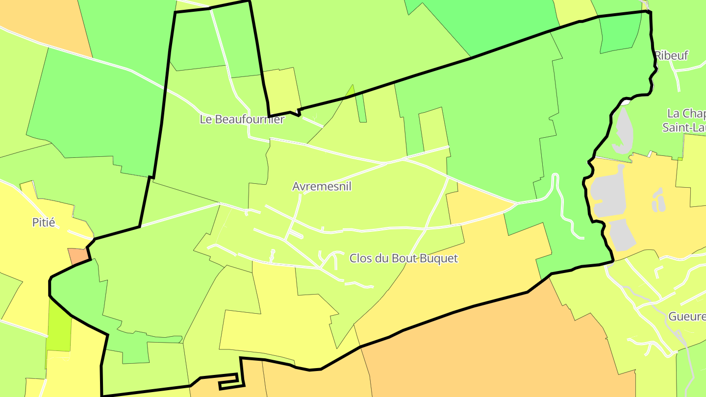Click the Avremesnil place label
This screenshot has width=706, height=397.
pyautogui.click(x=322, y=187)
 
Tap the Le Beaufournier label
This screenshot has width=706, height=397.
pyautogui.click(x=242, y=119)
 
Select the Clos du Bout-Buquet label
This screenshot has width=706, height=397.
pyautogui.click(x=403, y=258)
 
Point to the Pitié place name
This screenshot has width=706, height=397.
pyautogui.click(x=44, y=223)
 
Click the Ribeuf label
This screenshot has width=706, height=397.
pyautogui.click(x=672, y=55)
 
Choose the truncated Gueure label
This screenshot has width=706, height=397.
pyautogui.click(x=687, y=317)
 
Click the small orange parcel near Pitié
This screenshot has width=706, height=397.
pyautogui.click(x=77, y=256)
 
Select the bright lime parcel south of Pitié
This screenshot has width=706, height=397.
pyautogui.click(x=59, y=326)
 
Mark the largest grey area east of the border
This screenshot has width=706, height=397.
pyautogui.click(x=608, y=194)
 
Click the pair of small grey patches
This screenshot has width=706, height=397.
pyautogui.click(x=658, y=199)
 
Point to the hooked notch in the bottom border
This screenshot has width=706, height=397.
pyautogui.click(x=229, y=382)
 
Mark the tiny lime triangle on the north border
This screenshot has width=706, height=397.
pyautogui.click(x=351, y=91)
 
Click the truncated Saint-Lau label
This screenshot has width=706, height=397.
pyautogui.click(x=684, y=128)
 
